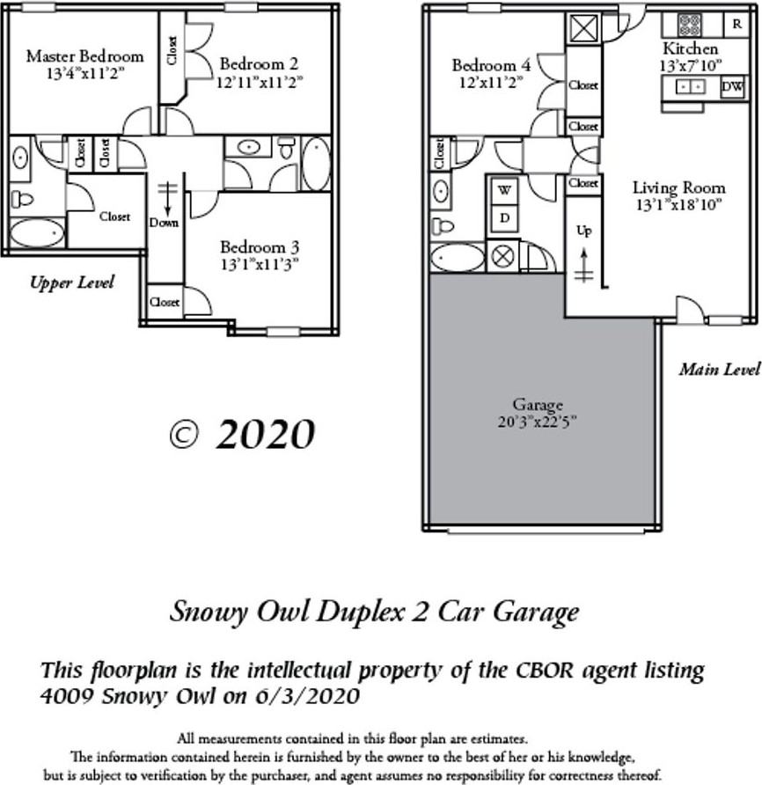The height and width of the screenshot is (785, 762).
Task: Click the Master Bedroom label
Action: pyautogui.click(x=84, y=56)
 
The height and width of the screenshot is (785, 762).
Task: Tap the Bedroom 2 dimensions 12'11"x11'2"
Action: pyautogui.click(x=259, y=82)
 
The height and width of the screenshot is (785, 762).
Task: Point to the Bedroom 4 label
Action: pyautogui.click(x=491, y=65)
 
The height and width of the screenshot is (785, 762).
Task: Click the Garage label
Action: pyautogui.click(x=538, y=405)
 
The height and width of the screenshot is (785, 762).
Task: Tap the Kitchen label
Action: pyautogui.click(x=690, y=48)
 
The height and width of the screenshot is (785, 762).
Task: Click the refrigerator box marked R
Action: pyautogui.click(x=736, y=24)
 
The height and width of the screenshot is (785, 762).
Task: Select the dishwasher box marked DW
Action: pyautogui.click(x=733, y=87)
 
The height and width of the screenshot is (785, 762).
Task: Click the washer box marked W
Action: pyautogui.click(x=504, y=189)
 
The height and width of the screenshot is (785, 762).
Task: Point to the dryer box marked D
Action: pyautogui.click(x=504, y=216)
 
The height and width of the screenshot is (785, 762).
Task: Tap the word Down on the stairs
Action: pyautogui.click(x=164, y=223)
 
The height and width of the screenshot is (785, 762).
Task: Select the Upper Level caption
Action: pyautogui.click(x=72, y=282)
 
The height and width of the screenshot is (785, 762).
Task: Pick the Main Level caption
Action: pyautogui.click(x=719, y=370)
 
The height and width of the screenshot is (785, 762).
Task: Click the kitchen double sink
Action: pyautogui.click(x=690, y=87)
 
